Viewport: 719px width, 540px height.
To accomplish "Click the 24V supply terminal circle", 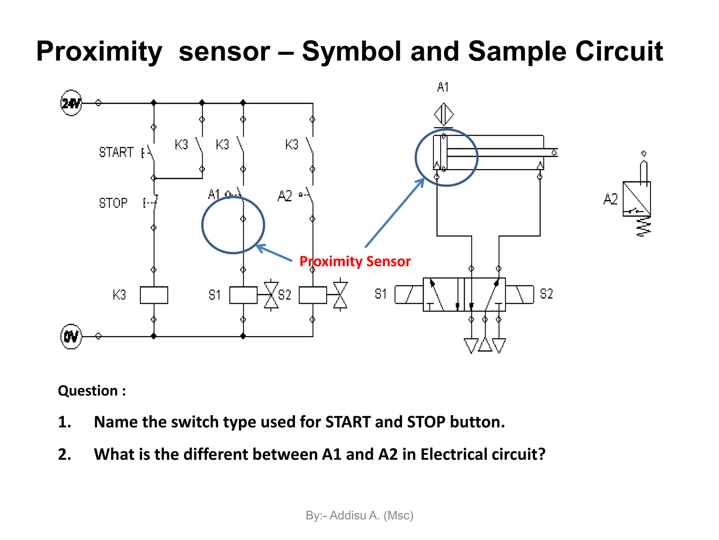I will tap(71, 103).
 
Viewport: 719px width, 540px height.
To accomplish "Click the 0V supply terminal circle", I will tap(71, 336).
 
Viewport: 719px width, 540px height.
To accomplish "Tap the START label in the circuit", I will tap(116, 152).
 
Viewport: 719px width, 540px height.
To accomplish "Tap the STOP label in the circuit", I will tap(113, 203).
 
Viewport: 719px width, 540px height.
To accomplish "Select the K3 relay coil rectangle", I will tap(154, 295).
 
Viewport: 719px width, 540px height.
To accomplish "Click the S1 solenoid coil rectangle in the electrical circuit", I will tap(243, 295).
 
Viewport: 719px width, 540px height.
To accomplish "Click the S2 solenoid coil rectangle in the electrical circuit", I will tap(313, 295).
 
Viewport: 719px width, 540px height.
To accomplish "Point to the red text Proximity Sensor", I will tap(355, 262).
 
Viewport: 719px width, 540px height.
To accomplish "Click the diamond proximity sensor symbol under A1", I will tap(444, 114).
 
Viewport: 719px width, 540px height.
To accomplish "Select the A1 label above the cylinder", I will tap(443, 87).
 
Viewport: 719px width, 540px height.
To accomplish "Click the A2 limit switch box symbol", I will tap(636, 199).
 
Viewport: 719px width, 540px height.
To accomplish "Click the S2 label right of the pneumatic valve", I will tap(546, 294).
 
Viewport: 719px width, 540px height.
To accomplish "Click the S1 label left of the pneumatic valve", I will tap(381, 294).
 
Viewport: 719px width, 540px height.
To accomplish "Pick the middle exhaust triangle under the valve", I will tap(485, 345).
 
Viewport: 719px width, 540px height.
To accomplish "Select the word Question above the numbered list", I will tap(88, 391).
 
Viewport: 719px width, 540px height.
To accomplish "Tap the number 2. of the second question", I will tap(65, 454).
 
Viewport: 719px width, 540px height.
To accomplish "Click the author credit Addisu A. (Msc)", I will tap(359, 515).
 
